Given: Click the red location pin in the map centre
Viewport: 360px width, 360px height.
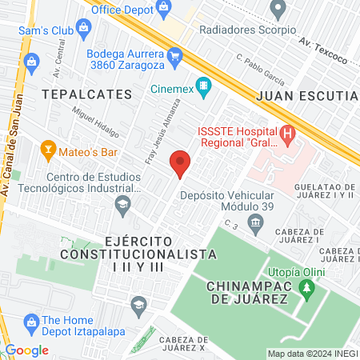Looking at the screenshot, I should click(180, 163).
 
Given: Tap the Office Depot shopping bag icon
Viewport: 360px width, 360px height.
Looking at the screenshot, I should click(164, 10).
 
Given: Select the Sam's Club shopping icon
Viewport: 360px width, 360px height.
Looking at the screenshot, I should click(84, 33).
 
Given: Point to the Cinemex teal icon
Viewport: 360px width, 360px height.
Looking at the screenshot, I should click(204, 83).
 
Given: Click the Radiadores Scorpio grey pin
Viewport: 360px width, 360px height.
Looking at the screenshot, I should click(278, 10).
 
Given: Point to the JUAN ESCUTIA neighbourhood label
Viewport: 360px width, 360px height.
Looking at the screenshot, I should click(306, 94).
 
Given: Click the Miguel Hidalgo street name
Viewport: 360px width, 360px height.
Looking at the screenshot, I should click(94, 121).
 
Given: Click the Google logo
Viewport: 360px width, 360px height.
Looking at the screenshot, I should click(26, 350).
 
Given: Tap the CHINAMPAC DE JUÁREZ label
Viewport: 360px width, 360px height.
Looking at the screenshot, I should click(246, 292).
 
